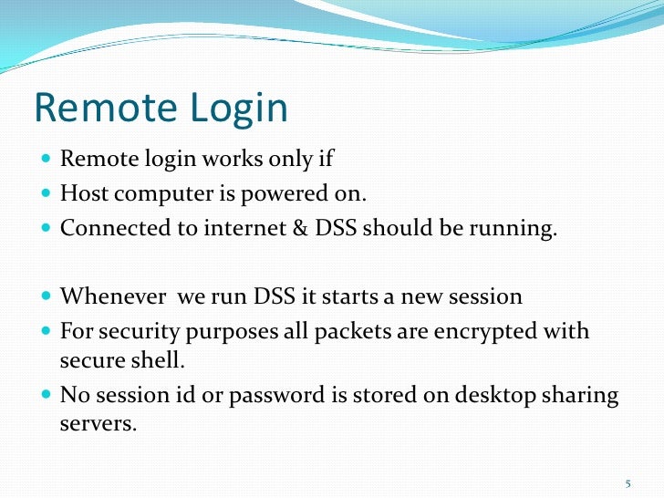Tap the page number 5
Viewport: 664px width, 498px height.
[x=628, y=482]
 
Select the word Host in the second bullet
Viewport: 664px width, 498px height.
[x=81, y=192]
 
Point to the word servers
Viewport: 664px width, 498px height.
[x=98, y=422]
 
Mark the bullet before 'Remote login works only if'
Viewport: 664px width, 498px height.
[x=47, y=160]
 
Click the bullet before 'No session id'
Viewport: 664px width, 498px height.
[x=47, y=396]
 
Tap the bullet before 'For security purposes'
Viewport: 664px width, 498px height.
[x=47, y=330]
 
